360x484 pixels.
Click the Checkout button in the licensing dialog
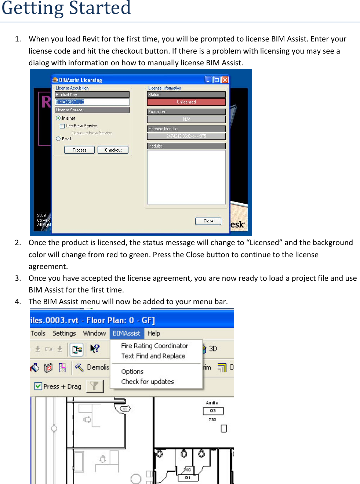(x=113, y=150)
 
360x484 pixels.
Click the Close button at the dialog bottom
(x=208, y=221)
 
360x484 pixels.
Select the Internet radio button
(x=58, y=118)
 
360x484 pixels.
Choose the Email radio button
(x=58, y=139)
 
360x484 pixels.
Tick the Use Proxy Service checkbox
(x=62, y=126)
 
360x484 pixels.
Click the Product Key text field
(x=92, y=102)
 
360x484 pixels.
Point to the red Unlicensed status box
(x=186, y=102)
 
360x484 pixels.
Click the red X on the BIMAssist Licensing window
(x=225, y=80)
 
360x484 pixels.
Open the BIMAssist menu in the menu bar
(x=126, y=333)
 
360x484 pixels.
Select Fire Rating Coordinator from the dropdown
(x=154, y=346)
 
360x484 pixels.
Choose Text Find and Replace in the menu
(x=153, y=356)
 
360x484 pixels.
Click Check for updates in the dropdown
(x=148, y=382)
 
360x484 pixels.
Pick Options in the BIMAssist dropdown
(x=132, y=371)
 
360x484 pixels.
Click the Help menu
(x=153, y=333)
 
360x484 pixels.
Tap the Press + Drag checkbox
(x=38, y=386)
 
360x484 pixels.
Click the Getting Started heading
(x=66, y=8)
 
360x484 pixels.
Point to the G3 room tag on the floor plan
(x=213, y=411)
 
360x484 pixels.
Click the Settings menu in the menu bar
(x=64, y=333)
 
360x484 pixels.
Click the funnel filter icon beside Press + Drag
(x=95, y=386)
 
